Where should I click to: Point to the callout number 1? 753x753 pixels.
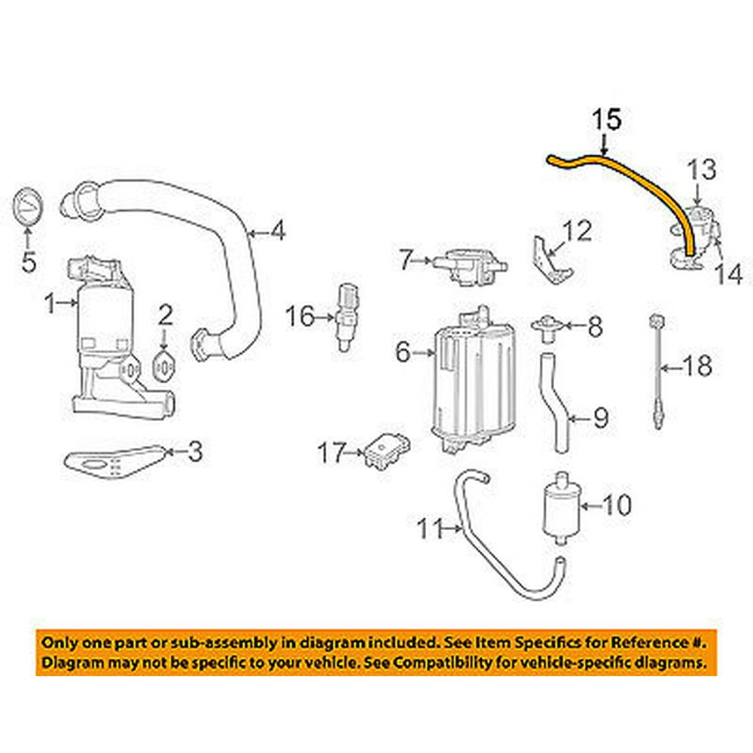pyautogui.click(x=49, y=305)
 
